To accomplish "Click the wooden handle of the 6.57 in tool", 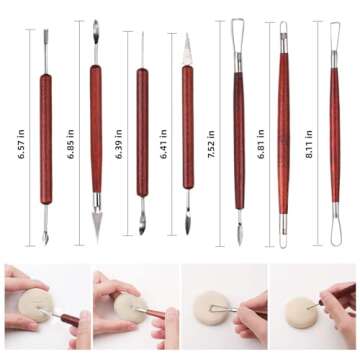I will click(46, 135).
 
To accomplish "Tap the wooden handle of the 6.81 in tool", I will click(283, 130).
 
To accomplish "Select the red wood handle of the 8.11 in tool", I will click(335, 130).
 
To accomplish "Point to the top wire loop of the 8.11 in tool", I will click(335, 27).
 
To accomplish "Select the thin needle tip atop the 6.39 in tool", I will click(142, 45).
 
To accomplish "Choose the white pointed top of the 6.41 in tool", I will click(187, 45).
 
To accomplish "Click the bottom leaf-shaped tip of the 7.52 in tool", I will click(238, 234).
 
